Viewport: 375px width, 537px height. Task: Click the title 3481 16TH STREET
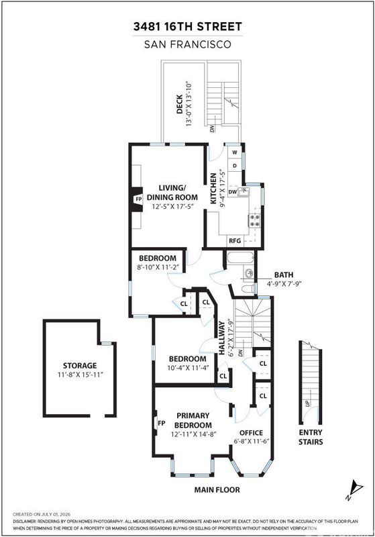tap(188, 27)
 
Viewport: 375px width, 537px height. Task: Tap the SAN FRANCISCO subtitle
tap(188, 44)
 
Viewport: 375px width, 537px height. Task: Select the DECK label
tap(180, 105)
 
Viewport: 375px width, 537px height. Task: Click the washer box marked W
tap(235, 152)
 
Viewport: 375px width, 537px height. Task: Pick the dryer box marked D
tap(235, 166)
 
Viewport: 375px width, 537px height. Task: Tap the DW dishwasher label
tap(233, 192)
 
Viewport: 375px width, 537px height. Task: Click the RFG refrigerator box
tap(235, 241)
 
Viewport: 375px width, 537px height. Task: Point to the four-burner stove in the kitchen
tap(255, 220)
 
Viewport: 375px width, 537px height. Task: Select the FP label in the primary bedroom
tap(162, 424)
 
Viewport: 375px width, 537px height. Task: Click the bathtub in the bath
tap(241, 258)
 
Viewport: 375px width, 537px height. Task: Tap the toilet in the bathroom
tap(248, 289)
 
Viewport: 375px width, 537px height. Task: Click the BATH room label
tap(284, 275)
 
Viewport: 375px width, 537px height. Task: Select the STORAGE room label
tap(80, 365)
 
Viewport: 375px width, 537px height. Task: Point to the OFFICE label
tap(251, 432)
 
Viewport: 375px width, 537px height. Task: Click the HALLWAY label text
tap(222, 338)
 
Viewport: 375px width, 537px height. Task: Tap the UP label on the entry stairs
tap(307, 404)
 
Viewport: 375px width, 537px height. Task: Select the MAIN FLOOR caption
tap(217, 490)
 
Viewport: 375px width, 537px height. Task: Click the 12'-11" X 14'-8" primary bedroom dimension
tap(194, 434)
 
